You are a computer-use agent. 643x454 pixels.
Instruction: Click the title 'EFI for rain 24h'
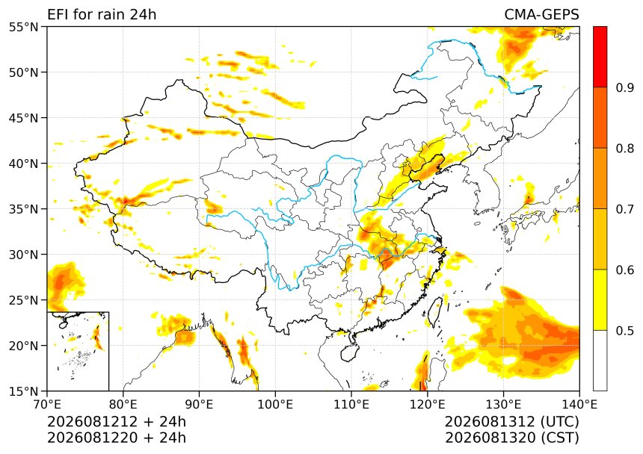pyautogui.click(x=102, y=14)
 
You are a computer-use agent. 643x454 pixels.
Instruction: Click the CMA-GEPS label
pyautogui.click(x=541, y=14)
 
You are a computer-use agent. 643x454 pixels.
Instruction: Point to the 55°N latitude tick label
pyautogui.click(x=23, y=28)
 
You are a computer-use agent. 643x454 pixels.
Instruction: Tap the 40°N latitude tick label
pyautogui.click(x=23, y=164)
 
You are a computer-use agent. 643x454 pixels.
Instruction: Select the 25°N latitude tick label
pyautogui.click(x=23, y=300)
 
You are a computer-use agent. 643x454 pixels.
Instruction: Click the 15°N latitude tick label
pyautogui.click(x=23, y=391)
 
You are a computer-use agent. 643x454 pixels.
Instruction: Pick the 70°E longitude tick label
pyautogui.click(x=47, y=405)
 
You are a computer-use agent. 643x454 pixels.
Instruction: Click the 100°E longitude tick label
pyautogui.click(x=275, y=405)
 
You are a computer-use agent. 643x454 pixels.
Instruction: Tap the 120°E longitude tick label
pyautogui.click(x=428, y=405)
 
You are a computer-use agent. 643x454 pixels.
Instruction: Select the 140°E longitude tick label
pyautogui.click(x=579, y=405)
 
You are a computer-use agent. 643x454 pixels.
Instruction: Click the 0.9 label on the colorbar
pyautogui.click(x=625, y=87)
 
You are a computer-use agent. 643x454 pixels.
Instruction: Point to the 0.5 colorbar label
pyautogui.click(x=625, y=331)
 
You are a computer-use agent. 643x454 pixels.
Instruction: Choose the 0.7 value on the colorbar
pyautogui.click(x=625, y=209)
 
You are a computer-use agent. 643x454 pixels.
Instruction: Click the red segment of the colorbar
pyautogui.click(x=600, y=57)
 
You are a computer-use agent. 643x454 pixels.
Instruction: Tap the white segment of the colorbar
pyautogui.click(x=600, y=360)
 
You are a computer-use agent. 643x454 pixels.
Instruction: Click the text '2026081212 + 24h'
pyautogui.click(x=117, y=421)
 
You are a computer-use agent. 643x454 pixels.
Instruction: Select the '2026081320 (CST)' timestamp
pyautogui.click(x=511, y=438)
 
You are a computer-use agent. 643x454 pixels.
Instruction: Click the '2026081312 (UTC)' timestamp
pyautogui.click(x=511, y=421)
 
